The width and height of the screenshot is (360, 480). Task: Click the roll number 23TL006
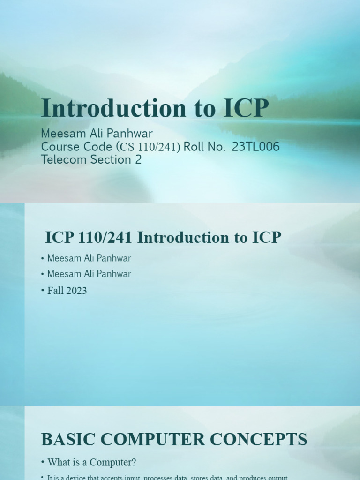click(256, 147)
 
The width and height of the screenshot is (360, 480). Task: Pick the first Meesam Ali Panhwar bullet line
click(89, 258)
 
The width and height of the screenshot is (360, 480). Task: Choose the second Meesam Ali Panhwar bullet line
click(89, 274)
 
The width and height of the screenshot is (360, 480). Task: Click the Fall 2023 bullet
click(67, 291)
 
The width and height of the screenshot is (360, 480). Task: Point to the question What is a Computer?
click(92, 463)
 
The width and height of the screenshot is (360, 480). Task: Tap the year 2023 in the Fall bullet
click(76, 291)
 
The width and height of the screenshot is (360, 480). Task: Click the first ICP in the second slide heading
click(59, 238)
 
